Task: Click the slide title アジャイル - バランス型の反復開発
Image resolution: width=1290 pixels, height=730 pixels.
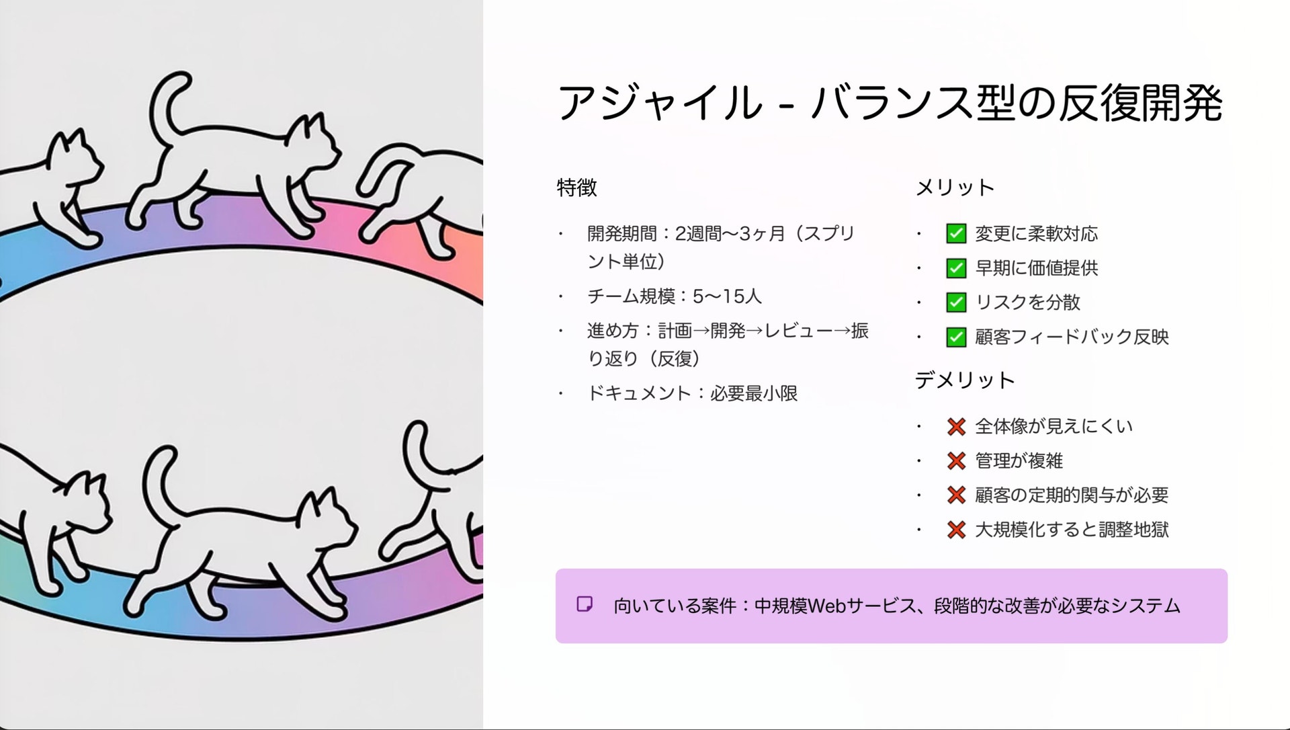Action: coord(889,103)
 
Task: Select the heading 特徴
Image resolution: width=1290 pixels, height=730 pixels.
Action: coord(576,188)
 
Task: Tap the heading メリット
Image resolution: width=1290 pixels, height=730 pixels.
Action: coord(955,188)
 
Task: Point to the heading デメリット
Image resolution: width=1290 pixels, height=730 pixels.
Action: coord(965,380)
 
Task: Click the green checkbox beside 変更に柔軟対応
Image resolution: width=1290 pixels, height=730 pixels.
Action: coord(956,234)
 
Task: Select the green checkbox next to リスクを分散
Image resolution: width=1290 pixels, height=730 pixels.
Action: coord(956,302)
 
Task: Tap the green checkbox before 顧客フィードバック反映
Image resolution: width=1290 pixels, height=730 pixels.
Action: coord(956,337)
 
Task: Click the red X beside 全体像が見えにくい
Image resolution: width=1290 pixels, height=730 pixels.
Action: coord(956,427)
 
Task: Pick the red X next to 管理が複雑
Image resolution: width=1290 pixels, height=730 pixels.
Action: coord(956,461)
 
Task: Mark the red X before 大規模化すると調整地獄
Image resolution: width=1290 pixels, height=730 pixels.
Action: coord(956,530)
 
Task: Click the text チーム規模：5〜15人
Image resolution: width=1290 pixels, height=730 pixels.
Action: coord(675,296)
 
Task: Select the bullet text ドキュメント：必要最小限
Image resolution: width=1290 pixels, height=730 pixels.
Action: coord(693,393)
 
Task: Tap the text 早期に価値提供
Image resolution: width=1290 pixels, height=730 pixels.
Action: coord(1037,268)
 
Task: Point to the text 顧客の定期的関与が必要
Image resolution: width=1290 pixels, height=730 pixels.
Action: coord(1072,495)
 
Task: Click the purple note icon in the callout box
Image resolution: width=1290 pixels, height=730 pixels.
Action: coord(585,604)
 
